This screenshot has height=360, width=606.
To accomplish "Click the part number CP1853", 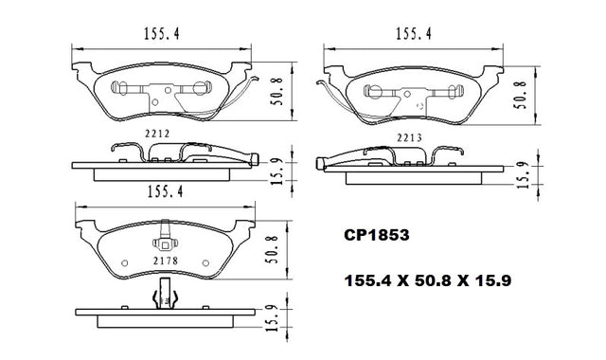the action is click(377, 235).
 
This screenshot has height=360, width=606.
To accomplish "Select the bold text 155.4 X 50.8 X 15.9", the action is click(428, 280).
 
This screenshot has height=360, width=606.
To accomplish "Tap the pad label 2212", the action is click(157, 134).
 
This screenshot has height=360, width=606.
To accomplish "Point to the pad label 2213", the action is click(409, 137).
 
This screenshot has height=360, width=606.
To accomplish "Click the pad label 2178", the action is click(166, 261).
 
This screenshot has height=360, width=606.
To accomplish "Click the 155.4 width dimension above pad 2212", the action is click(162, 34).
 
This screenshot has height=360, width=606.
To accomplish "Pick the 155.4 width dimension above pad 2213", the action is click(413, 34).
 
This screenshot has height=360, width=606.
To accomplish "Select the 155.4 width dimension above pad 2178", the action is click(165, 191).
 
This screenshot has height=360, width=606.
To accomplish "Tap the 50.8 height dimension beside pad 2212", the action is click(276, 91).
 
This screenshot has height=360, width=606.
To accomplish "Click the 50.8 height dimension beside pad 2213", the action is click(522, 95).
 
